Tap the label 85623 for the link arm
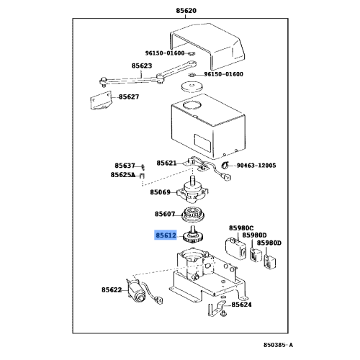click(x=142, y=66)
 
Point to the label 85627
click(x=130, y=97)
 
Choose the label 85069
click(x=161, y=192)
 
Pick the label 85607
click(x=165, y=214)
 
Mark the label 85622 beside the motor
click(x=112, y=289)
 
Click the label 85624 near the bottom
click(x=243, y=305)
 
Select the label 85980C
click(x=241, y=228)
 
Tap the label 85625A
click(x=122, y=175)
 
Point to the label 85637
click(x=124, y=165)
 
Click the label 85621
click(x=167, y=163)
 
